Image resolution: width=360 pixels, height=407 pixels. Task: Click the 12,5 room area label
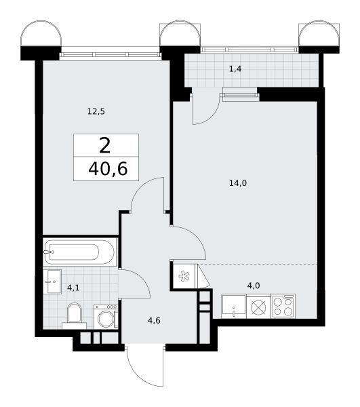point(96,112)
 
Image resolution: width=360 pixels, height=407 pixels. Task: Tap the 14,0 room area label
point(238,184)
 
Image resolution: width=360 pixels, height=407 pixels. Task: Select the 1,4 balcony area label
point(235,69)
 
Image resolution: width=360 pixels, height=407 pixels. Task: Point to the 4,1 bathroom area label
point(73,288)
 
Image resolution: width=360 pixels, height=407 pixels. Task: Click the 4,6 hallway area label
point(154,321)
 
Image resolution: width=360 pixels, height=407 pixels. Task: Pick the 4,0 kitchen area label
point(254,286)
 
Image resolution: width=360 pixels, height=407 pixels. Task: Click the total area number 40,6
point(108,169)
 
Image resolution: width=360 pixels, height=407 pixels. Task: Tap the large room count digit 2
point(105,146)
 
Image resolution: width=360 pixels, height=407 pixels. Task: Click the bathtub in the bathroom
point(79,252)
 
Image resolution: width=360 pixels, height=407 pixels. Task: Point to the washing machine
point(106,316)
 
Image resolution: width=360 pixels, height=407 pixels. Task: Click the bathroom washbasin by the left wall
point(52,282)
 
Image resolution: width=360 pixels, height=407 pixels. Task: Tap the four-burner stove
point(283,307)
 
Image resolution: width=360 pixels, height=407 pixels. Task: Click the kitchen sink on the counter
point(234,307)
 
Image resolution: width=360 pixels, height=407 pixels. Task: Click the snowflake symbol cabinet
point(184,276)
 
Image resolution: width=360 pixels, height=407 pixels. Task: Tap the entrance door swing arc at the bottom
point(141,372)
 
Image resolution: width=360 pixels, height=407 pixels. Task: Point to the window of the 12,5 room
point(110,55)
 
